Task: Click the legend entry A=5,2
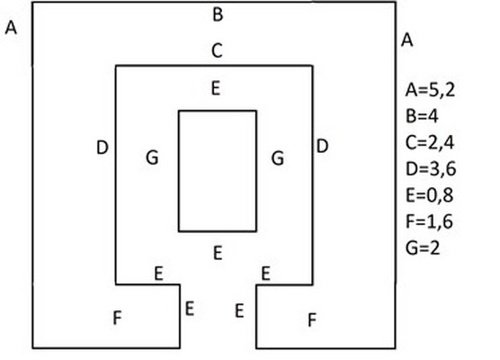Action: point(430,90)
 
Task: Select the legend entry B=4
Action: point(422,116)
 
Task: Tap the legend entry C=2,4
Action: point(430,143)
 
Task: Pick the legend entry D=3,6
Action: point(431,169)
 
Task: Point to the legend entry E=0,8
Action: point(429,195)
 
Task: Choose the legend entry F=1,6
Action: point(429,221)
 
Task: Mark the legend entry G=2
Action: point(423,247)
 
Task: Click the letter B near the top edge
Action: point(218,14)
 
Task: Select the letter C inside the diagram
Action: point(217,50)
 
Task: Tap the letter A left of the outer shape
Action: point(11,27)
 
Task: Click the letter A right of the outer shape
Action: point(406,40)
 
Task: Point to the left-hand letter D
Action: point(102,148)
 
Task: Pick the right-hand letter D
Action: point(322,146)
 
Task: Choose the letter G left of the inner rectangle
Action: point(152,157)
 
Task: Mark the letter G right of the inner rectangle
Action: point(278,158)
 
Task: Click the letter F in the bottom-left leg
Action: point(117,318)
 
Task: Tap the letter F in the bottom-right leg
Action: point(312,319)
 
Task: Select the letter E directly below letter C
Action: point(216,88)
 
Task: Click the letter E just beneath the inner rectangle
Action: point(218,253)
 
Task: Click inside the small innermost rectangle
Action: point(218,171)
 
